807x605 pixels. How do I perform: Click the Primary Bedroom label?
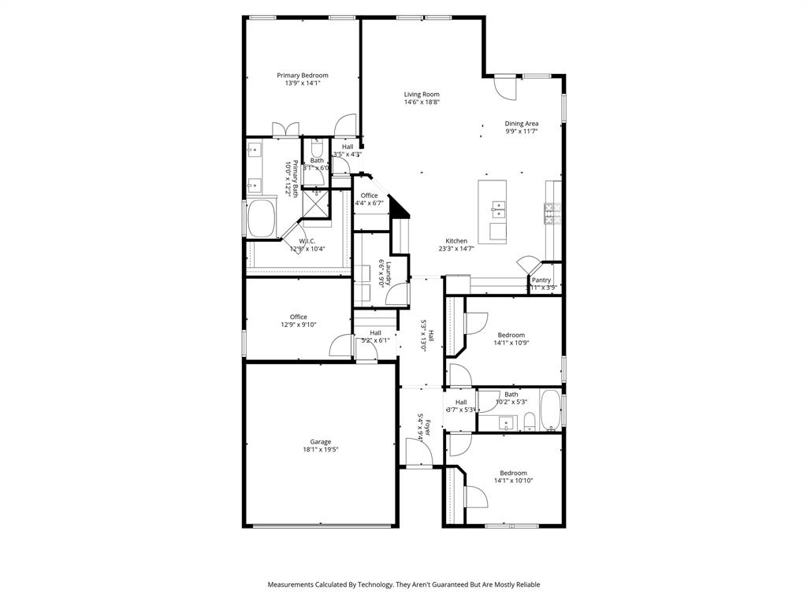point(303,76)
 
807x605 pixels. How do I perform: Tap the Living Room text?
point(422,95)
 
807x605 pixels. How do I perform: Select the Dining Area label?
point(522,124)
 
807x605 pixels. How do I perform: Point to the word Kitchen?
point(456,241)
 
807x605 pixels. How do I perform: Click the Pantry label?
point(541,280)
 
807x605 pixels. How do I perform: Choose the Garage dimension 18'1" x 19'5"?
point(320,450)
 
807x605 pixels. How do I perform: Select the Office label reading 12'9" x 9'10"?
point(298,325)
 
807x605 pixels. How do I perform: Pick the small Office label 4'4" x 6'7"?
point(369,203)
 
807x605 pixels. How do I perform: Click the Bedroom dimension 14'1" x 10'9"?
point(511,343)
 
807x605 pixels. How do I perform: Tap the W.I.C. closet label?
point(307,241)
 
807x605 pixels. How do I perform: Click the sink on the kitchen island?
point(498,209)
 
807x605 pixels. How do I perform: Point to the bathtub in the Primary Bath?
point(261,218)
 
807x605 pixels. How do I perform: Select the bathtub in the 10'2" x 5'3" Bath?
point(549,410)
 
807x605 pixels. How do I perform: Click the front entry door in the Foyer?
point(418,453)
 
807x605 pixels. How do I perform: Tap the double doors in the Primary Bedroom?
point(284,129)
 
